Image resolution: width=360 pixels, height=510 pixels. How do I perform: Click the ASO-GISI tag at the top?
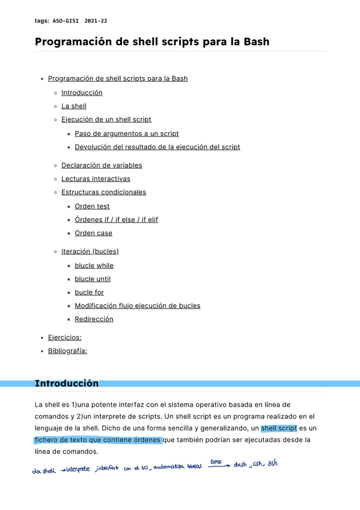pos(66,21)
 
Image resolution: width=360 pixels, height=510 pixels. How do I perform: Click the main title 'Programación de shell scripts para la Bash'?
pos(152,41)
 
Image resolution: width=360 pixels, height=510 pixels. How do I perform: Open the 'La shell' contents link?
pos(74,106)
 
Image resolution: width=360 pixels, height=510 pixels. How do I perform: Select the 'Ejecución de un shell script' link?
pos(106,119)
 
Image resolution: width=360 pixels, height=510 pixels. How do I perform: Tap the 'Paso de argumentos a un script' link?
pos(127,134)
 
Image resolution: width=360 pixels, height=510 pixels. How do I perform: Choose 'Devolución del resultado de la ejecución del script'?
pos(157,147)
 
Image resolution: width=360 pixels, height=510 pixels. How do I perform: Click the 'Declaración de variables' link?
pos(102,165)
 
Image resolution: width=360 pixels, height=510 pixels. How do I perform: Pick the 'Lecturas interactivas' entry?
pos(96,179)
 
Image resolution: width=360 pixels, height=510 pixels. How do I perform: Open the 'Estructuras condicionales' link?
pos(103,192)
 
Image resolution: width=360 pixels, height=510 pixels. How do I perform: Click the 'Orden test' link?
pos(92,206)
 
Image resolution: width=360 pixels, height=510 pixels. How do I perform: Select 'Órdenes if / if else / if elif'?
pos(117,220)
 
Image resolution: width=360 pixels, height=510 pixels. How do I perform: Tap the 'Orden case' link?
pos(93,233)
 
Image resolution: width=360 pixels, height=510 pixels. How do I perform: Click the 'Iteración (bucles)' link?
pos(90,251)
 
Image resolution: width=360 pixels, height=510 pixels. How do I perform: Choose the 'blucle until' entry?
pos(93,279)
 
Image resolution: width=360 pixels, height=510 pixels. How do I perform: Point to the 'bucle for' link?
pos(89,292)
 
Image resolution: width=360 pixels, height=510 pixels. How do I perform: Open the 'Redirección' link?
pos(94,319)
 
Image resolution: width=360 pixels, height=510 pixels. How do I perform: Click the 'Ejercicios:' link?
pos(64,337)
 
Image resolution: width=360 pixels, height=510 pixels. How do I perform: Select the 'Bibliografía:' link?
pos(67,351)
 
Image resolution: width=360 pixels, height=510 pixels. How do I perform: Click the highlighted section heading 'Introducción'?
pos(67,383)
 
